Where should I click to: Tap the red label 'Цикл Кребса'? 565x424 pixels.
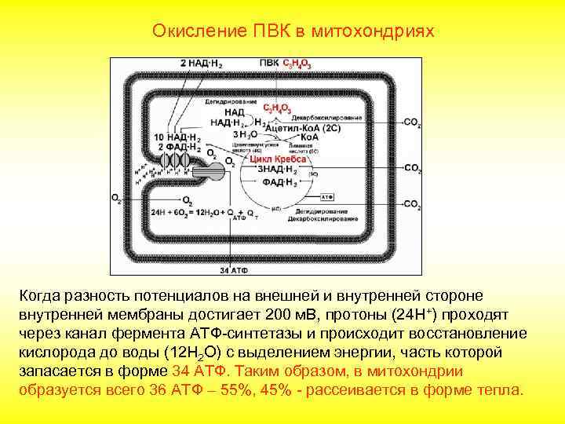(x=278, y=158)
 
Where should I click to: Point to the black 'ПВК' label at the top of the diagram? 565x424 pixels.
(x=269, y=62)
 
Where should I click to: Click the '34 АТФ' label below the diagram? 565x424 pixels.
(x=232, y=270)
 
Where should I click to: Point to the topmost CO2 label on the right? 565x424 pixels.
(x=413, y=123)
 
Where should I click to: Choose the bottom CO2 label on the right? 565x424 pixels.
(x=413, y=205)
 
